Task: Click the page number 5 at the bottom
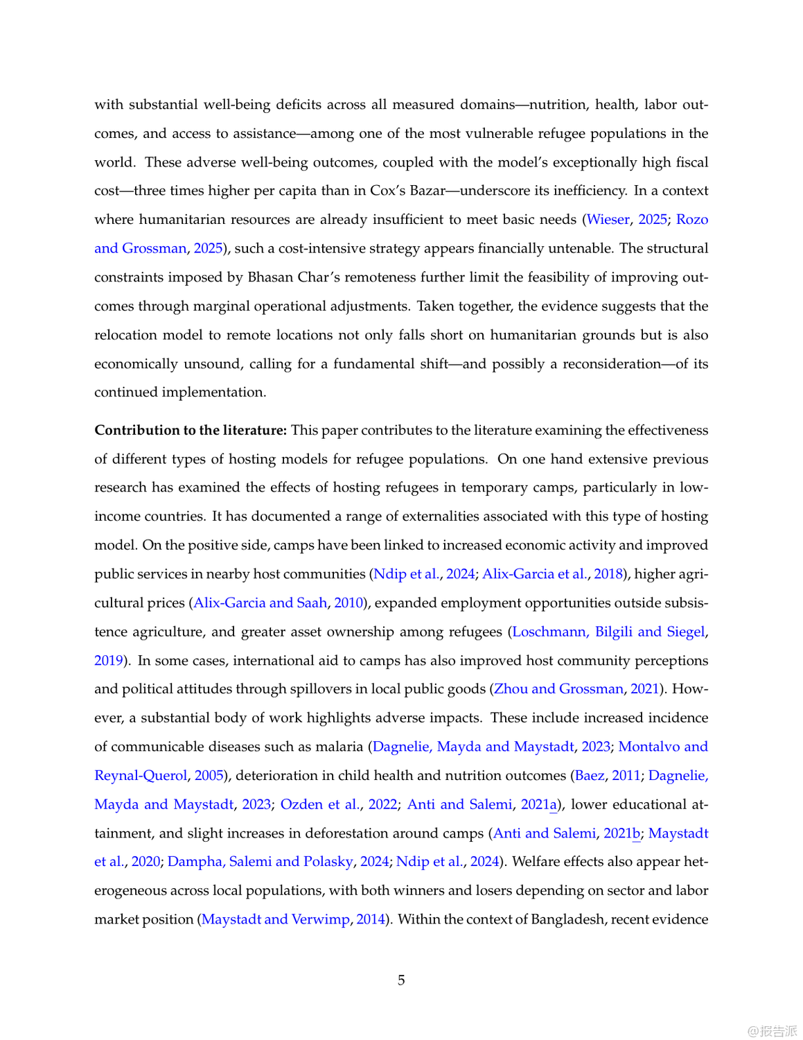pos(401,980)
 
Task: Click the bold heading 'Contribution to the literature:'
pos(191,430)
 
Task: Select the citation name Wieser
pos(608,220)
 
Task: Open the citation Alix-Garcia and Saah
pos(260,603)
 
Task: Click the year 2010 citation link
pos(348,603)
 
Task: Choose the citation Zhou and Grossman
pos(558,688)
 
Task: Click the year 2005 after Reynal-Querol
pos(209,775)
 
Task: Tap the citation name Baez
pos(590,775)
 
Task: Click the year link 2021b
pos(621,833)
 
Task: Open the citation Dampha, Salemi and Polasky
pos(261,861)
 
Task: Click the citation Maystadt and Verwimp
pos(275,919)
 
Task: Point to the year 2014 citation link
pos(371,919)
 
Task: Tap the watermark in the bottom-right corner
pos(772,1031)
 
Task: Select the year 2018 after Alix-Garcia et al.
pos(608,574)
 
